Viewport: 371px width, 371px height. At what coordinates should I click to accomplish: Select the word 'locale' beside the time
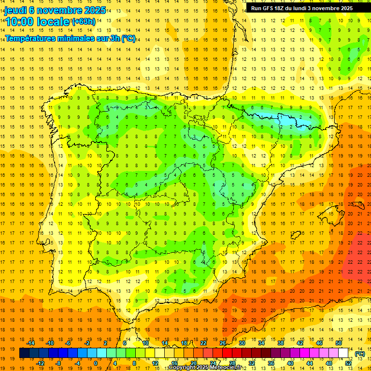point(54,22)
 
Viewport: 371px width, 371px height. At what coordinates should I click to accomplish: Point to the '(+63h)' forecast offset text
point(84,21)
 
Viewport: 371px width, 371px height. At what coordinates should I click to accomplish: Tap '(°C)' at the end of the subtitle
point(128,38)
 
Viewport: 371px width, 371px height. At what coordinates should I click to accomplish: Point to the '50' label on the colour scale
point(339,343)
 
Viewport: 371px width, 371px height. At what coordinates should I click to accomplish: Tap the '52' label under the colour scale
point(348,363)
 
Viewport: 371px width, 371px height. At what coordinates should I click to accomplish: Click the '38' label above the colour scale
point(281,343)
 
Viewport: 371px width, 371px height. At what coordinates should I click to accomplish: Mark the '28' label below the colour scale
point(232,363)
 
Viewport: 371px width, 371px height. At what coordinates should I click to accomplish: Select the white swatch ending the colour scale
point(343,353)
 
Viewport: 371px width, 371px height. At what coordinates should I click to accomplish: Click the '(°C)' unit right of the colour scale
point(359,353)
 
